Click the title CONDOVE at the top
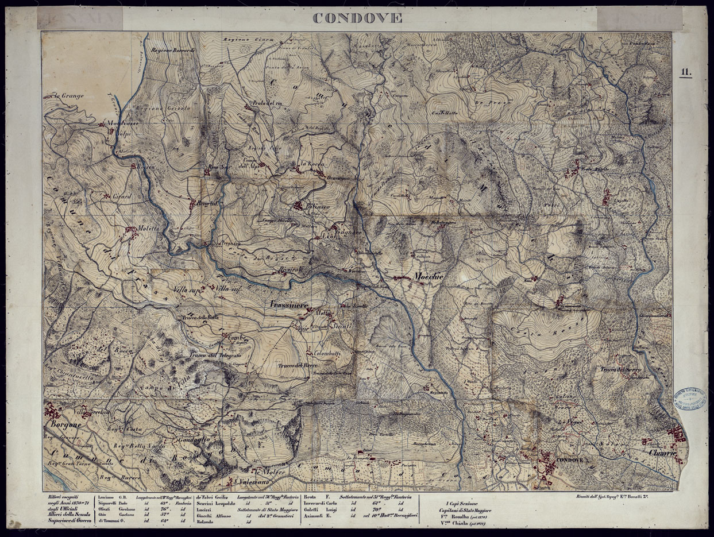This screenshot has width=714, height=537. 357,18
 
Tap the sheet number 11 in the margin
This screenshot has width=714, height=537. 686,72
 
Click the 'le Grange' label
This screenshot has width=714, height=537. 70,96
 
